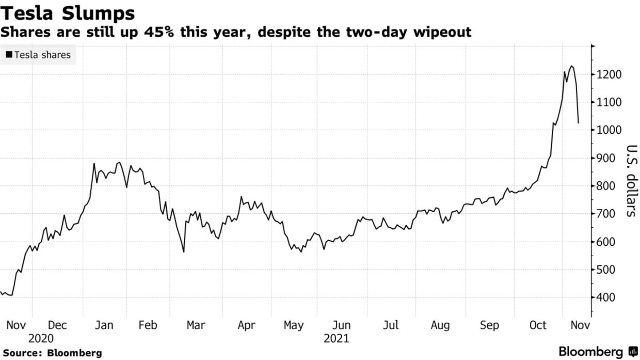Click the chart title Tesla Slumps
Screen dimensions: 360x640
(x=68, y=12)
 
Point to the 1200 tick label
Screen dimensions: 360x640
(x=609, y=75)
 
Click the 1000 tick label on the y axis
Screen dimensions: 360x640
(x=609, y=131)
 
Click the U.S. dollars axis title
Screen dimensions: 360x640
(x=631, y=181)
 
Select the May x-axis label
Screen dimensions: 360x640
(x=294, y=325)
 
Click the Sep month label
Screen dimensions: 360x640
(x=489, y=325)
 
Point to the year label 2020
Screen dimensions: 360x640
(x=41, y=339)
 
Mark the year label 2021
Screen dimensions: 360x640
(x=337, y=339)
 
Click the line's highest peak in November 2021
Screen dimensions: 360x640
(x=571, y=66)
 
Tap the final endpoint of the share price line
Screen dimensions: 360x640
(x=579, y=123)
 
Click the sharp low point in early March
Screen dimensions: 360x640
(x=184, y=252)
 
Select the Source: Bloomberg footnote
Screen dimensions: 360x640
(x=51, y=353)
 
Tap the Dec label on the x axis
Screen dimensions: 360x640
(x=58, y=325)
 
